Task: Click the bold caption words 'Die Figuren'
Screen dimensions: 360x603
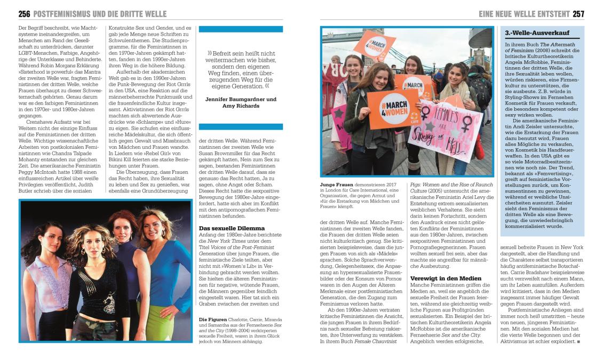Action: tap(211, 319)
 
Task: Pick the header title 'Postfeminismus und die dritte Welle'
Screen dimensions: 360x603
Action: tap(100, 14)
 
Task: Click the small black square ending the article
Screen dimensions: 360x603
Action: tap(578, 341)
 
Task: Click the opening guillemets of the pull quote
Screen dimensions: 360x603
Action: tap(210, 54)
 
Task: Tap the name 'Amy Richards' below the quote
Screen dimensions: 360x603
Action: tap(241, 106)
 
